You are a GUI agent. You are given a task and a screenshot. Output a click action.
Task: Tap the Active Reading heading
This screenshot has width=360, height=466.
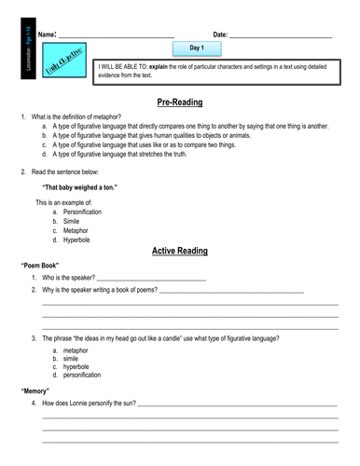click(x=180, y=251)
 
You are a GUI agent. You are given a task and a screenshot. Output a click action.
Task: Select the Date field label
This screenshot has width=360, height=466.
click(x=220, y=34)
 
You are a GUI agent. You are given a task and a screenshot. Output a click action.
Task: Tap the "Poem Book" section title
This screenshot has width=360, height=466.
click(x=40, y=266)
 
